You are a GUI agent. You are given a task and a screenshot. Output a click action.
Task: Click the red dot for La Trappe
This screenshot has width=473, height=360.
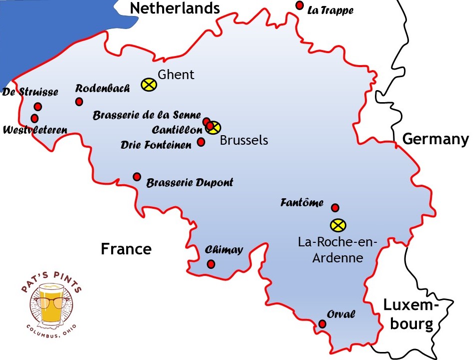pos(299,6)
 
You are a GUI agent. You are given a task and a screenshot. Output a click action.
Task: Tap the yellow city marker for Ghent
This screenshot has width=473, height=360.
pos(149,85)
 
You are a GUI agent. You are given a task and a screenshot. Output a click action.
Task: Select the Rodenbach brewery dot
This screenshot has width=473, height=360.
pos(79,102)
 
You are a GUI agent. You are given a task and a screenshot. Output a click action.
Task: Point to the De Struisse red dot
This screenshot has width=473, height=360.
pos(38,106)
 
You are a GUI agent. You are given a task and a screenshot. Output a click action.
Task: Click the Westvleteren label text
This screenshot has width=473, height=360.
pos(35,130)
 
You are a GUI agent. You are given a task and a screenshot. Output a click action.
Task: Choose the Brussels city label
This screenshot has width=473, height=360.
pos(244,140)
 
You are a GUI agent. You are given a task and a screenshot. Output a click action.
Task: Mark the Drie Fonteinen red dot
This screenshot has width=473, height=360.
pos(201,142)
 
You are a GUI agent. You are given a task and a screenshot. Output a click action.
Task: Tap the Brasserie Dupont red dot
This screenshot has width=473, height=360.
pos(137,177)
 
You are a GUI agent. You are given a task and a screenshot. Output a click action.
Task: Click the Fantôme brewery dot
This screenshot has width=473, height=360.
pos(335,208)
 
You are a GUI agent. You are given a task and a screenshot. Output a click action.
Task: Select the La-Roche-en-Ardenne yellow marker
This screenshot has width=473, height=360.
pos(338,225)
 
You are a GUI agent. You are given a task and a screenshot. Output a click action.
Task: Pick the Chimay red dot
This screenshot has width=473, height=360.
pos(211,264)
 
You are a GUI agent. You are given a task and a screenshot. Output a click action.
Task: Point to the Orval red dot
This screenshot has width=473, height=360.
pos(322,324)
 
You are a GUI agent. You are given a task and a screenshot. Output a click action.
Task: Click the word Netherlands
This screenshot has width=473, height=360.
pos(175,8)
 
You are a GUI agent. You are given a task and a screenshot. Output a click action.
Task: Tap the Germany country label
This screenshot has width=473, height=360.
pos(436,139)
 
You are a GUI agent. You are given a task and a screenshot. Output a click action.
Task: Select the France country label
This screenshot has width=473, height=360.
pos(126,249)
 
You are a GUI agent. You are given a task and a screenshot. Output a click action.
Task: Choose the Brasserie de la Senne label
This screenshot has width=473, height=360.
pos(147,115)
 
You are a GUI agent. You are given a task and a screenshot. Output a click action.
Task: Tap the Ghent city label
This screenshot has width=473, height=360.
pos(176,75)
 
